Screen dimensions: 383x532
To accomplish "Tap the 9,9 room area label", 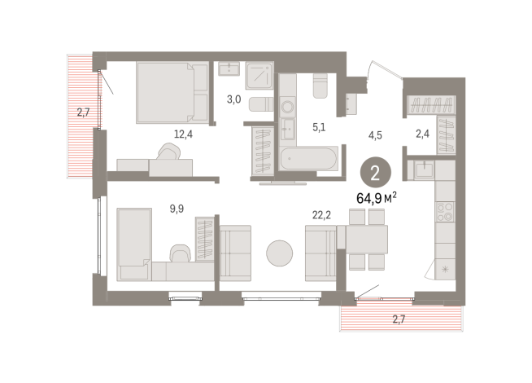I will [177, 209].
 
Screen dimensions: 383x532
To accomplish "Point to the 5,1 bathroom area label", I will [320, 126].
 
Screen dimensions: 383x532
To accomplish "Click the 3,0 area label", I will [233, 100].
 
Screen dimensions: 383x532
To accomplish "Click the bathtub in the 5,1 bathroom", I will [307, 159].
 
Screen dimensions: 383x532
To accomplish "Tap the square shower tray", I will [259, 75].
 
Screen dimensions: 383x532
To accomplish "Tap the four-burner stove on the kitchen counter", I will [446, 213].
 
